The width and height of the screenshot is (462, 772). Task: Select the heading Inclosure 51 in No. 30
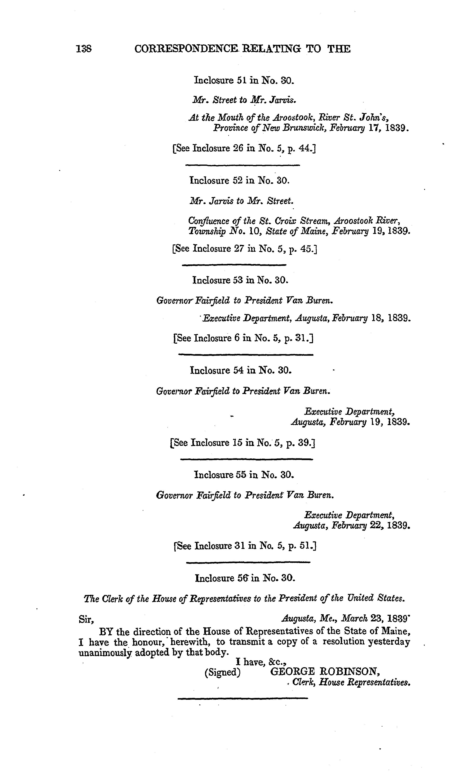pyautogui.click(x=244, y=80)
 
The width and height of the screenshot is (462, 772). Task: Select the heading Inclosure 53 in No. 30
pyautogui.click(x=240, y=280)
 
